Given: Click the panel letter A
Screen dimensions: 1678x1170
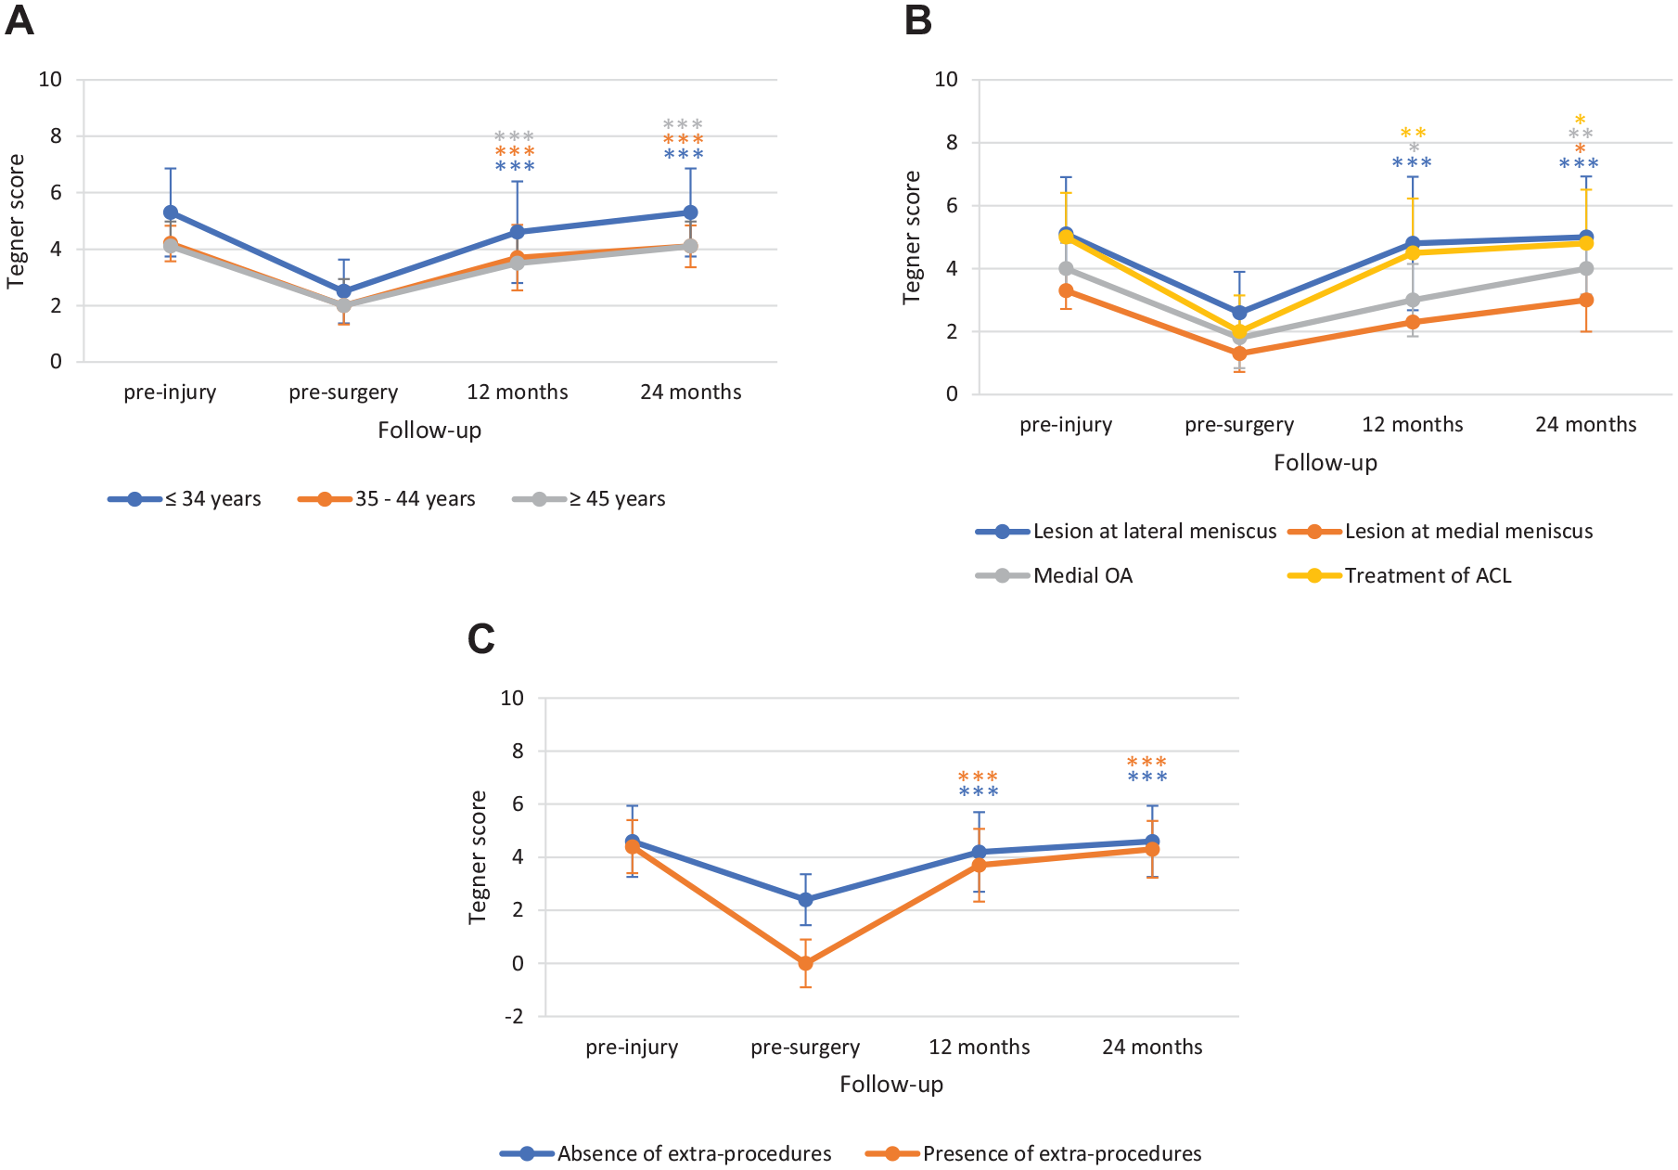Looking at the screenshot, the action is tap(19, 20).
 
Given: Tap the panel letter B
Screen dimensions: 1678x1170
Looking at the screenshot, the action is tap(917, 20).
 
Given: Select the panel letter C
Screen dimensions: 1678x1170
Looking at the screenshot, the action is tap(480, 638).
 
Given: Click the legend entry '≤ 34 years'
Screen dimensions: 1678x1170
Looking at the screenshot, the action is tap(185, 499).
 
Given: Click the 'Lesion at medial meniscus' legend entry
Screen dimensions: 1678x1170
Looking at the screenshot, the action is tap(1441, 532).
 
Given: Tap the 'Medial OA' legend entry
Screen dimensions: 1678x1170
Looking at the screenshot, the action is tap(1054, 576).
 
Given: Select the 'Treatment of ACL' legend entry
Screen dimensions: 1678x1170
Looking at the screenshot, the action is tap(1400, 576).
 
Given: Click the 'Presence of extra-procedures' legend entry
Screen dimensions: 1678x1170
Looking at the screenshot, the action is tap(1033, 1154).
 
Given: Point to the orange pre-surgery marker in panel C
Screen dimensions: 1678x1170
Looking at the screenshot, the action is tap(805, 963).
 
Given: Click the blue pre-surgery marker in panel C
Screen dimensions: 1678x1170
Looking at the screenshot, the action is tap(805, 899).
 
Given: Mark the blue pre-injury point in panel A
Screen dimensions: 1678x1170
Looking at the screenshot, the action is tap(171, 212).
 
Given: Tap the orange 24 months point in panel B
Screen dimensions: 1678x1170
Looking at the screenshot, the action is tap(1586, 300).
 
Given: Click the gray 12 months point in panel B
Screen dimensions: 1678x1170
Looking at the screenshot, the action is tap(1413, 300).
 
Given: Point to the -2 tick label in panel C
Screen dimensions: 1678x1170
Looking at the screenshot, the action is tap(514, 1017).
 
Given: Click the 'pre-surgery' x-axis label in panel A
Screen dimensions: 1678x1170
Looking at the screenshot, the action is tap(343, 392).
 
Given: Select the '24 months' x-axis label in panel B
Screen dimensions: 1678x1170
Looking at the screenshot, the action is tap(1586, 425).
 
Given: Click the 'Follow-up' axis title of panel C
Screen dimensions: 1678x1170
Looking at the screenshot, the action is tap(891, 1085).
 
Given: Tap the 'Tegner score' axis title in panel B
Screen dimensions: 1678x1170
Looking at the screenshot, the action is tap(912, 238).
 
